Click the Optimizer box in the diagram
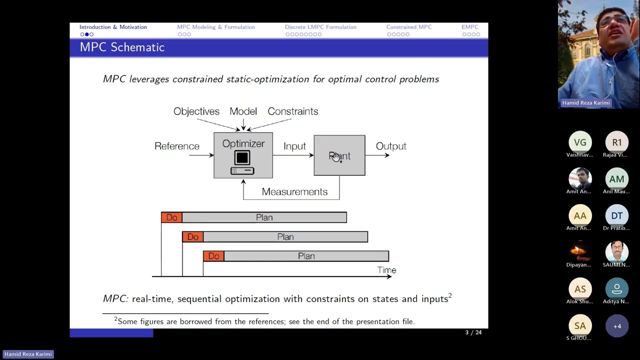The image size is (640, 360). pos(243,155)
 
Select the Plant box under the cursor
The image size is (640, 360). pos(339,155)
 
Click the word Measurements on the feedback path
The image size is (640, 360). pos(294,192)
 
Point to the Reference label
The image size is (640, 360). pos(176,146)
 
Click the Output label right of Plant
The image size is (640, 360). pos(391,146)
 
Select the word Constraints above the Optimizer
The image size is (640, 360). pos(292,111)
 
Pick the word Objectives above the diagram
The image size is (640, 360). pos(196,111)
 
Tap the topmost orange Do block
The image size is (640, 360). pos(171,217)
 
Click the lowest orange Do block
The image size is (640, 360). pos(213,256)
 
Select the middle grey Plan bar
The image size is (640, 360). pos(285,237)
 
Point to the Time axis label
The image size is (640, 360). pos(386,270)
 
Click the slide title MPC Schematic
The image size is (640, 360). pos(122,47)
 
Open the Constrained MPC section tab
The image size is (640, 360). pos(408,27)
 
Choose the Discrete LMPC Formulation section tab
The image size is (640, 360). pos(320,27)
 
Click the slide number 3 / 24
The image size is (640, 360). pos(473,332)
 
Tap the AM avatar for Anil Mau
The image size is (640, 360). pos(616,179)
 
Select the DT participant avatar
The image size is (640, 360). pos(616,216)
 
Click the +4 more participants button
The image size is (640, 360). pos(616,326)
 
